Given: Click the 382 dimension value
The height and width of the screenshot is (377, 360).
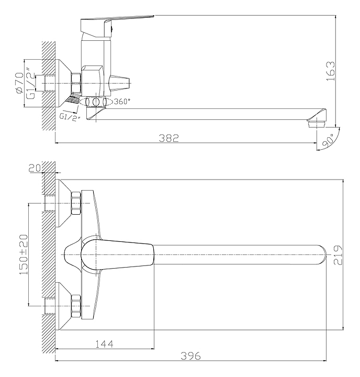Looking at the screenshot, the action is [x=168, y=138].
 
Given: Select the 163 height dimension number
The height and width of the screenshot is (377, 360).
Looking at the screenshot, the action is [x=331, y=71].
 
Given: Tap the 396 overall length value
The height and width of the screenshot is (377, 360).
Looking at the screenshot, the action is [x=190, y=356].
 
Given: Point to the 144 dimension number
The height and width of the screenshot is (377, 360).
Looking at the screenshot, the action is [x=104, y=344].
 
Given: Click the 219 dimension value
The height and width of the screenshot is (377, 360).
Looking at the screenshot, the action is [x=338, y=255].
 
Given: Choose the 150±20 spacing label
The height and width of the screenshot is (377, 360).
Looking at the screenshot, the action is [x=24, y=254].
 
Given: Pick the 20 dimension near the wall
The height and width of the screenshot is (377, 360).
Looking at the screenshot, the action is [x=35, y=168].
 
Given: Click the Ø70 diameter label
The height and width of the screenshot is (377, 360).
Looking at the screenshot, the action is [x=19, y=83].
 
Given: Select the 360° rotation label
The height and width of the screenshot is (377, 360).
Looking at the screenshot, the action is [x=121, y=102].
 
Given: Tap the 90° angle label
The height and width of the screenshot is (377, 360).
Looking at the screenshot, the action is [x=328, y=140].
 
